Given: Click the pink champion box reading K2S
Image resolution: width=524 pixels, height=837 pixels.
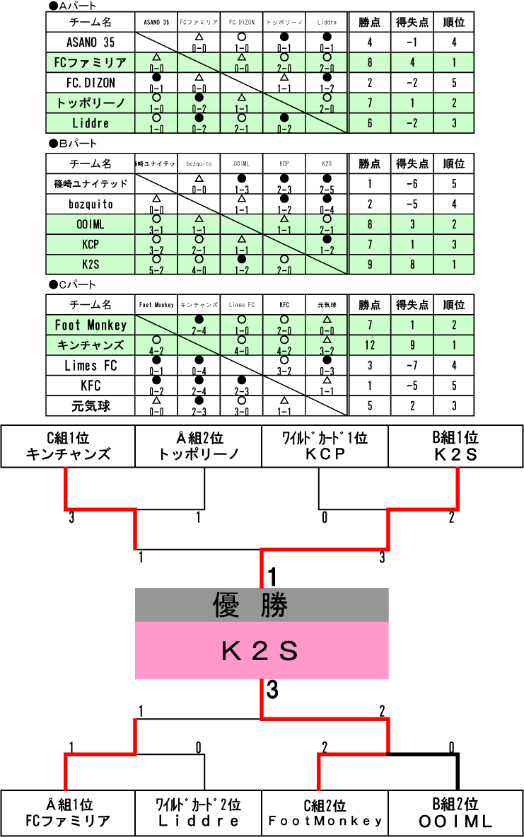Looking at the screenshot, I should (x=262, y=650).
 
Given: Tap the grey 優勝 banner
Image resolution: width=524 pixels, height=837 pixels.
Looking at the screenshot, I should (x=262, y=605).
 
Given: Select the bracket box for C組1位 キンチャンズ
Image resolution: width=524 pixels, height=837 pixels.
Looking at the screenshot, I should (x=68, y=446).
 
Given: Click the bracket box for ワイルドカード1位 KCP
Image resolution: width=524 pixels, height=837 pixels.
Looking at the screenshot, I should (x=325, y=446).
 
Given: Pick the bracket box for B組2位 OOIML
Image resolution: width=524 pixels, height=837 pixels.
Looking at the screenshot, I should (x=455, y=813).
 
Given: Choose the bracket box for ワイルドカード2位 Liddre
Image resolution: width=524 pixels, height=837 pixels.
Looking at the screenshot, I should (x=198, y=813).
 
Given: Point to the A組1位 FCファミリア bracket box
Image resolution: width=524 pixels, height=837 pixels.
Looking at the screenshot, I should (x=68, y=813).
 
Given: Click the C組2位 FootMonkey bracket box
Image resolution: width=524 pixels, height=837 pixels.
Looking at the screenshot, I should (x=325, y=813).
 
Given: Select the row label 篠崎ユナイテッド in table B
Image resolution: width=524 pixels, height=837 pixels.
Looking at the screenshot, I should (x=91, y=184).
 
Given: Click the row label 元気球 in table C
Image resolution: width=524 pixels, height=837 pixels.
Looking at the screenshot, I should (x=91, y=407).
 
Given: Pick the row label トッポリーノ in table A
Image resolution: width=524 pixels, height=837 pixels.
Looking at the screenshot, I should (x=91, y=103).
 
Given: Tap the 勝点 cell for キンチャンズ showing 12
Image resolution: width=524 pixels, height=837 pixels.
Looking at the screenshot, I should (x=370, y=346).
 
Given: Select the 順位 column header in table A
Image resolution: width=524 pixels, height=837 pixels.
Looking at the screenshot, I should (x=453, y=22).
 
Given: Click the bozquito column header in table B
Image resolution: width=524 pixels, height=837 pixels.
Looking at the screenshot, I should (x=199, y=164).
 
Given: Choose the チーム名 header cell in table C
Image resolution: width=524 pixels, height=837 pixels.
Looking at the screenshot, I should (x=91, y=305).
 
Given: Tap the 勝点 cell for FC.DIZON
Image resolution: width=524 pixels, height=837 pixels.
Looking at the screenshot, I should (x=370, y=83).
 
